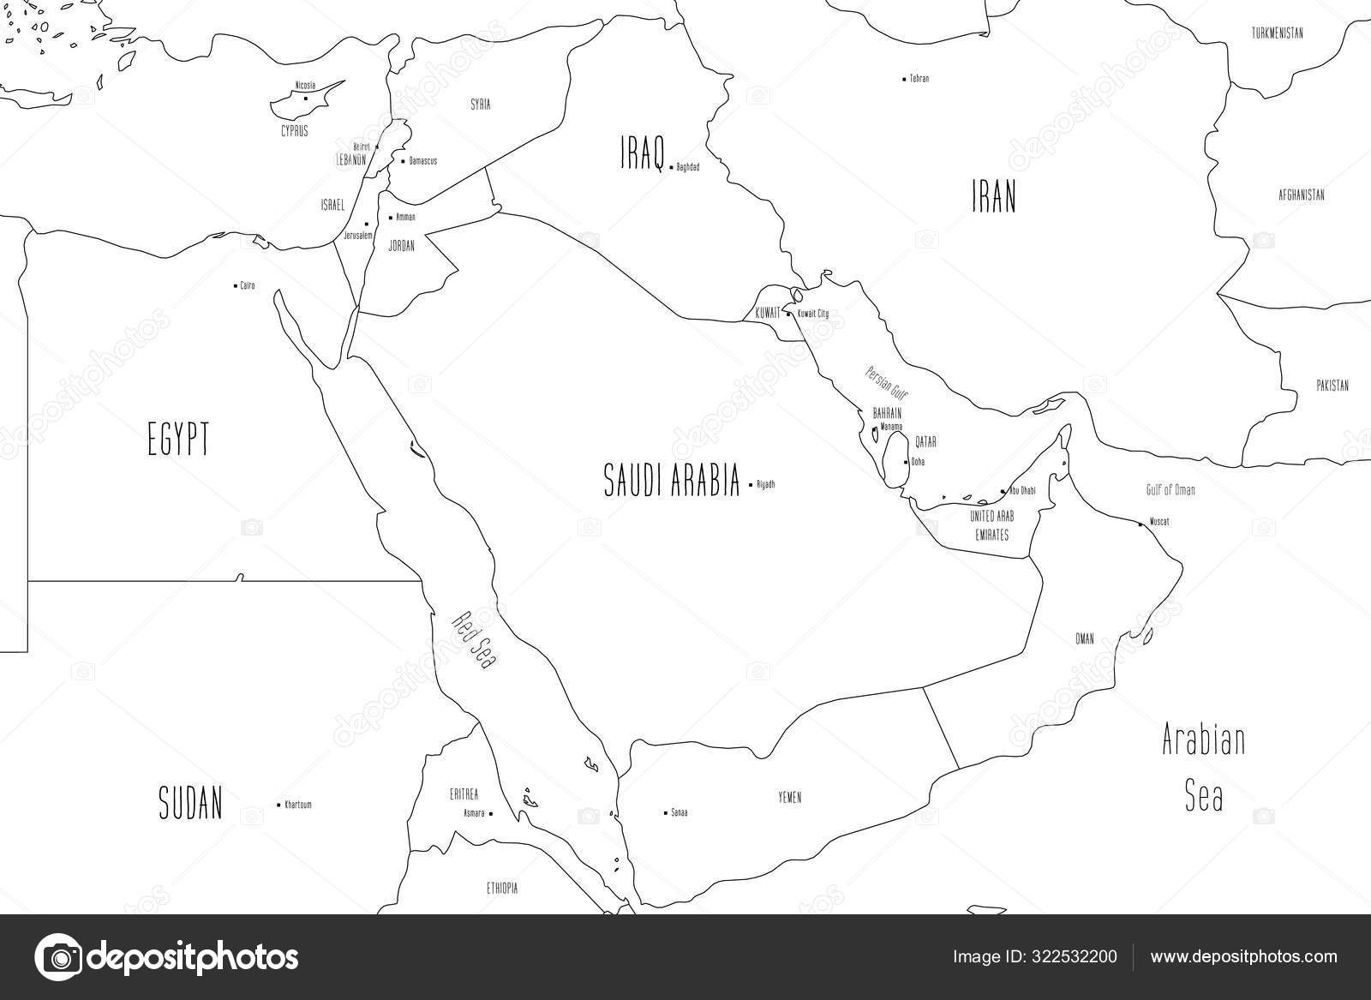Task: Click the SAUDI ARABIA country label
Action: (671, 481)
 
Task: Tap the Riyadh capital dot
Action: (751, 485)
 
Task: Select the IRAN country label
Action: (993, 198)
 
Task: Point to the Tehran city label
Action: (919, 79)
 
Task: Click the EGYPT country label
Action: (178, 442)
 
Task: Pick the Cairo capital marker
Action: (236, 285)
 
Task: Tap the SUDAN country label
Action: (191, 803)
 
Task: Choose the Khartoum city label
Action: (298, 805)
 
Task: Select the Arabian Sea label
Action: (1203, 768)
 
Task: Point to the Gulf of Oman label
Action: (1170, 490)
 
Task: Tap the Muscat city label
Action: (1159, 522)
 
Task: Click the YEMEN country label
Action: (789, 798)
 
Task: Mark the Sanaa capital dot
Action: (666, 812)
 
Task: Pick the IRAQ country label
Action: (643, 153)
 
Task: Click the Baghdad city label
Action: (687, 167)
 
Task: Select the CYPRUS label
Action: (294, 132)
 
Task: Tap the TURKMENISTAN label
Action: (1277, 33)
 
